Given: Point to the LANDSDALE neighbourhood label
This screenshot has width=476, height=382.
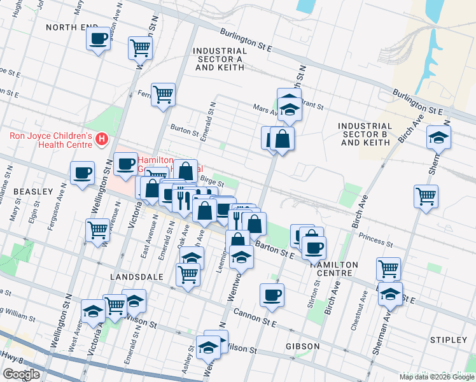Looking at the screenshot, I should point(137,278).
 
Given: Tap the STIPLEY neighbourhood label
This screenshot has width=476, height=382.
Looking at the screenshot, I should point(448,340).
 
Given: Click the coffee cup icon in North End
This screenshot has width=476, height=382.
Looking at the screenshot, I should point(98,39).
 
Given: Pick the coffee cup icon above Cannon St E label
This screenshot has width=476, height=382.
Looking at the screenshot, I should point(272,295).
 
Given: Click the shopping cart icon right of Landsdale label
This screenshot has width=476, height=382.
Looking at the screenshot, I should point(188,275).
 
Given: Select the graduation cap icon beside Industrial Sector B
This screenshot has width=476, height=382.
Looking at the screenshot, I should point(438,137).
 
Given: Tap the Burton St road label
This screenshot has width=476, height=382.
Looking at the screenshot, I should point(185,130).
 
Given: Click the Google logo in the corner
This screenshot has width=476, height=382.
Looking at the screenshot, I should point(21,374).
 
